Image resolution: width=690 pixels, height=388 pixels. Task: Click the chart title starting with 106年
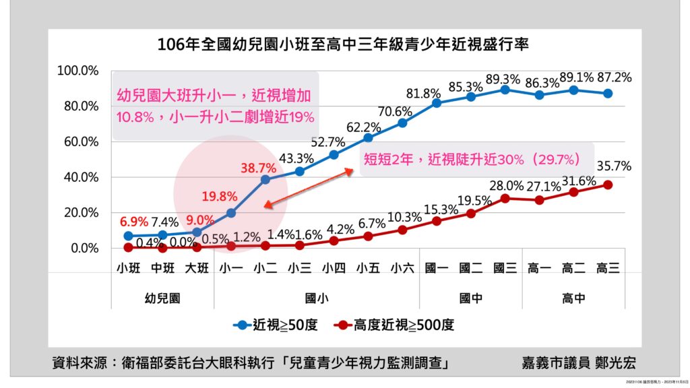343,45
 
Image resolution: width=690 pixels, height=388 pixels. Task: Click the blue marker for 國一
437,103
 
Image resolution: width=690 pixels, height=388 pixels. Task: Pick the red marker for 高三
608,185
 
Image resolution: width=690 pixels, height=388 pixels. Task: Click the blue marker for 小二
265,179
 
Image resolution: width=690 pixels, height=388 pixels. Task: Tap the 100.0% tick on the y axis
79,71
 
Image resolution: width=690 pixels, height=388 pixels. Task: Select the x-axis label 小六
402,268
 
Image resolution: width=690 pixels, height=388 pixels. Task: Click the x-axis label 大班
197,268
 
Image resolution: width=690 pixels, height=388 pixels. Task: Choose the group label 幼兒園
162,296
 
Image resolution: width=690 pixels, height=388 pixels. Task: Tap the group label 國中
471,296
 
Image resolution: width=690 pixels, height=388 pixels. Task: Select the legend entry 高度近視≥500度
394,325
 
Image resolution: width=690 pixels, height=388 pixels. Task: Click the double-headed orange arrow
309,188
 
